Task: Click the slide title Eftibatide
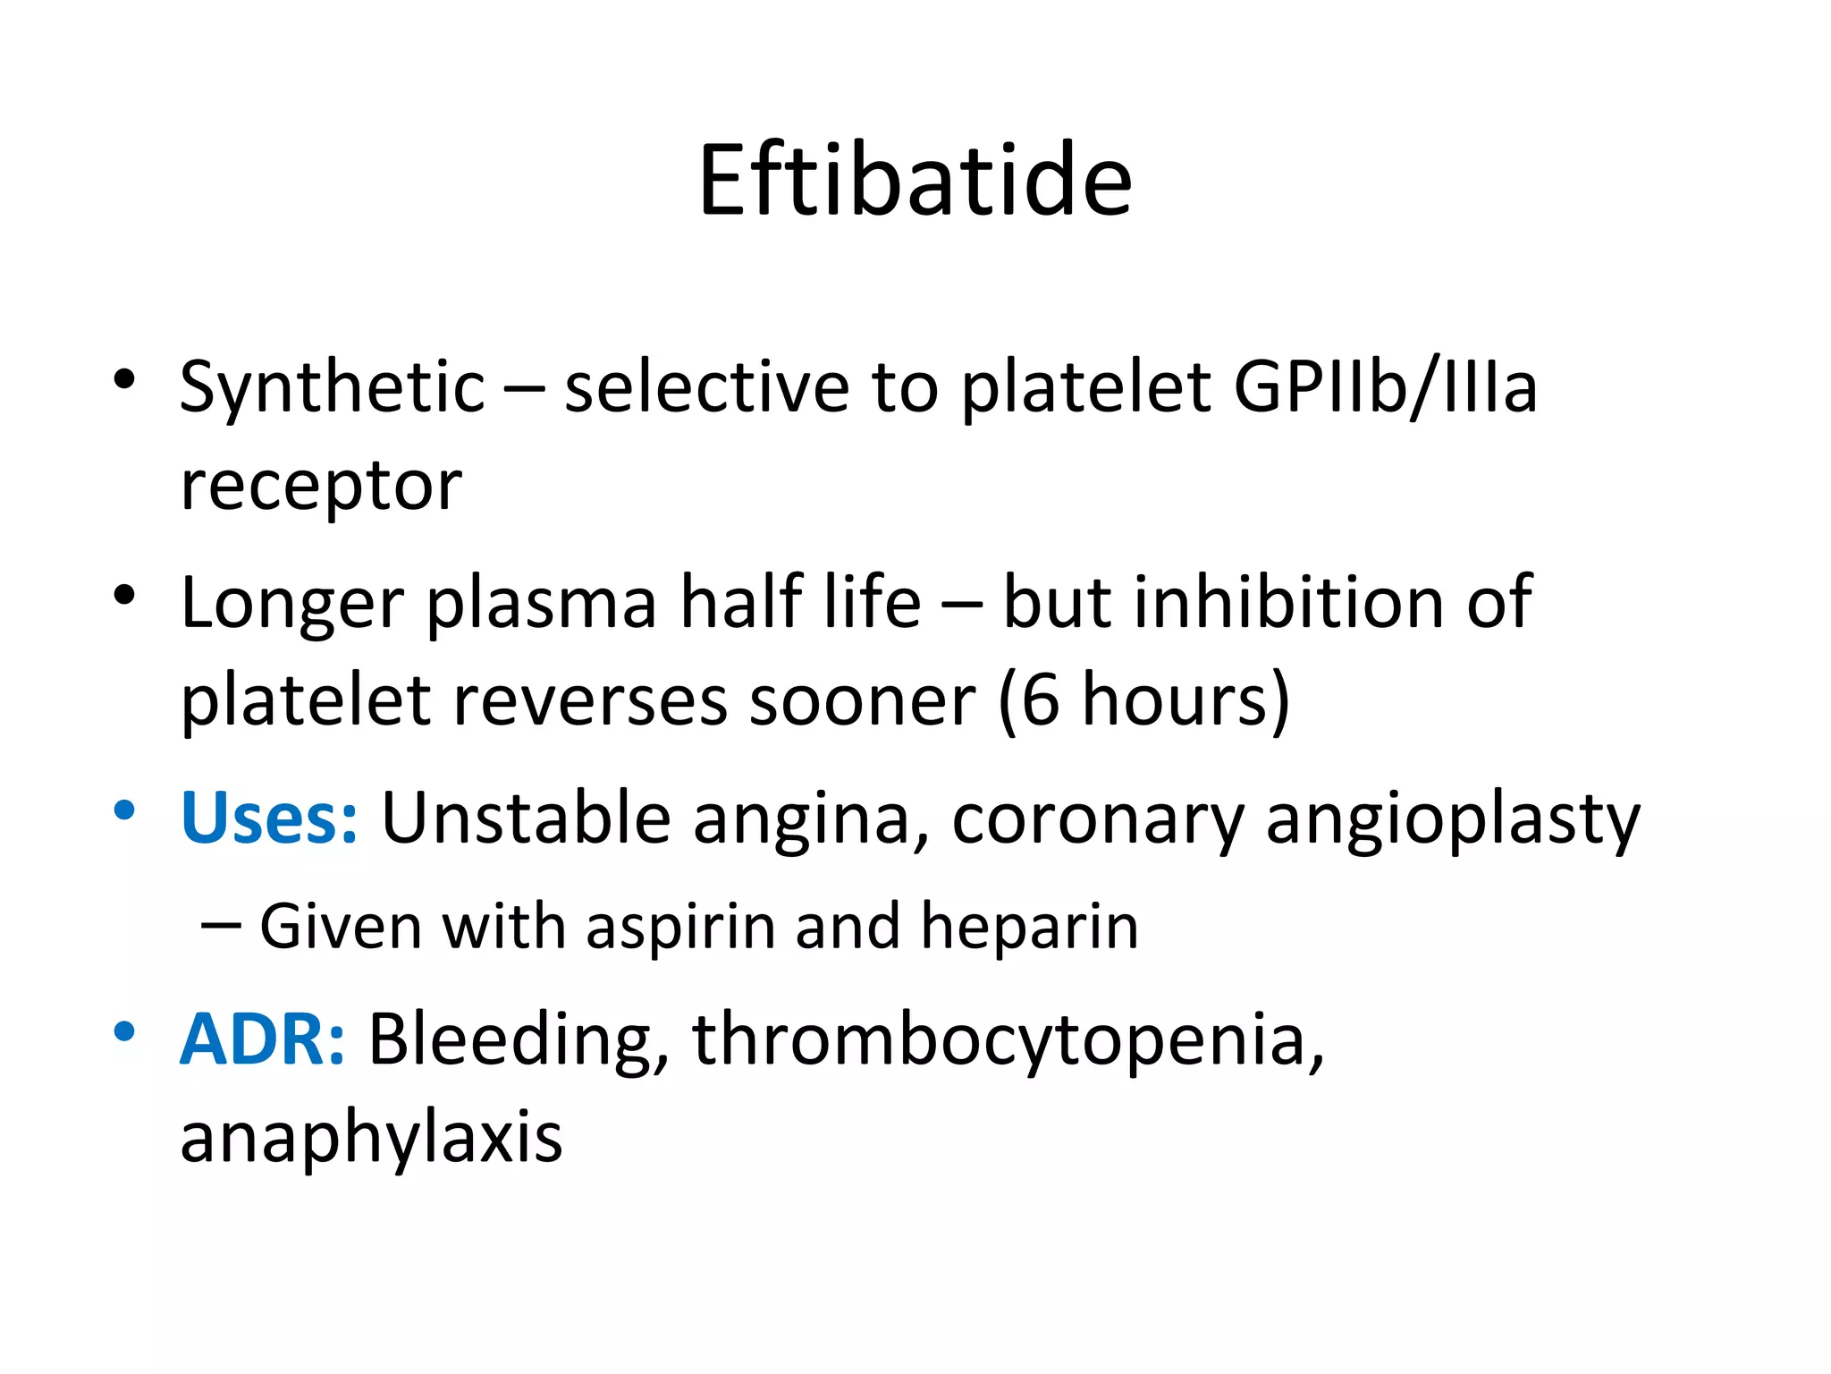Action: (915, 181)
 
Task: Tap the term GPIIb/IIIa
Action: (1385, 386)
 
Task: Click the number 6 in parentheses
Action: (1039, 700)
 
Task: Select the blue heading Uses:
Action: (269, 818)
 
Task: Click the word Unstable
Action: (526, 818)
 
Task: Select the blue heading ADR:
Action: (262, 1039)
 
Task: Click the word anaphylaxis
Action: (371, 1139)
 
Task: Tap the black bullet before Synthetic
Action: (124, 380)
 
